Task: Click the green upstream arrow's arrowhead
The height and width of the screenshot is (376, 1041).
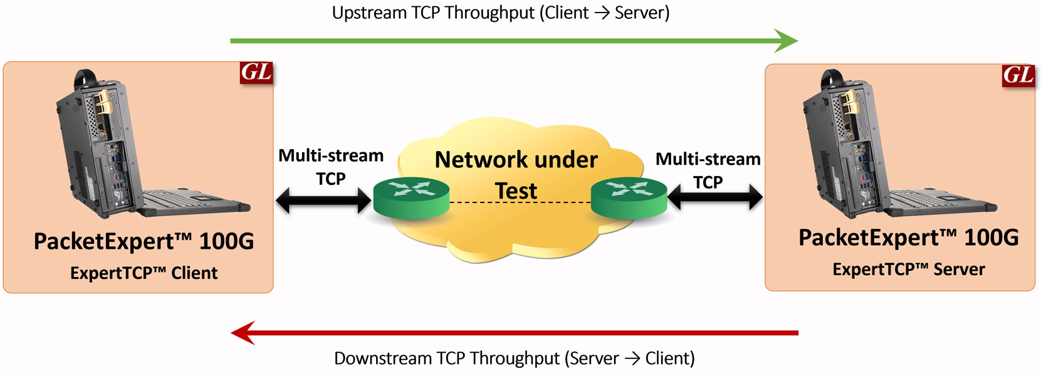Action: click(x=786, y=41)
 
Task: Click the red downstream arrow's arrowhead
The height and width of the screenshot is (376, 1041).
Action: click(x=243, y=333)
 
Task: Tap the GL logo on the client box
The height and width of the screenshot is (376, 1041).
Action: click(x=256, y=73)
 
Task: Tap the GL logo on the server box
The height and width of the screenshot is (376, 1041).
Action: click(x=1018, y=75)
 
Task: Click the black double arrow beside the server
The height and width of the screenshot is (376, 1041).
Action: click(x=715, y=198)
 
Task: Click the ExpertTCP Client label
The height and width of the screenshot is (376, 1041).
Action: click(x=144, y=273)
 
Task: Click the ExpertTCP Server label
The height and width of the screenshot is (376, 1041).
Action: click(x=908, y=269)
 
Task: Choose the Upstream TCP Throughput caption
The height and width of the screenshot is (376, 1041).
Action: click(x=500, y=13)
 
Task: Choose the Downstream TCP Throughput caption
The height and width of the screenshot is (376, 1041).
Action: click(x=514, y=358)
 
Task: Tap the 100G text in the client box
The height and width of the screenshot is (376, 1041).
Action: click(x=226, y=241)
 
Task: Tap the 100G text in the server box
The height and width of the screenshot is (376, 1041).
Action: click(x=991, y=238)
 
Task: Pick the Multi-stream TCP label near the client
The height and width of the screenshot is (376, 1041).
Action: click(x=331, y=167)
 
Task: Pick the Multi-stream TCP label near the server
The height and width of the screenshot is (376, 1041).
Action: click(x=708, y=170)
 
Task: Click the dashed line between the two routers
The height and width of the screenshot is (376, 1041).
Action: click(x=520, y=202)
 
